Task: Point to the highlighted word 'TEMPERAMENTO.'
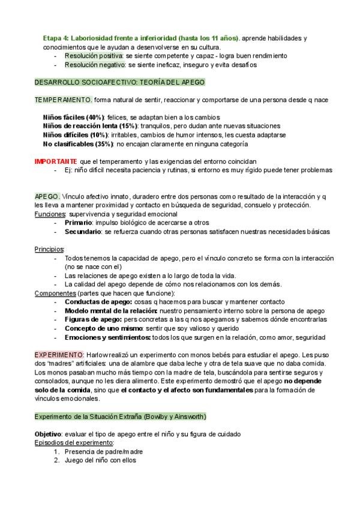(x=63, y=99)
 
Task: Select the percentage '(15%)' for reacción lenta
(x=127, y=126)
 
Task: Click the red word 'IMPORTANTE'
(x=55, y=161)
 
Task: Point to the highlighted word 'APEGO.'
(x=47, y=196)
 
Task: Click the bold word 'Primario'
(x=78, y=222)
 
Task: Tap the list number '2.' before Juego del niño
(x=58, y=460)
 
